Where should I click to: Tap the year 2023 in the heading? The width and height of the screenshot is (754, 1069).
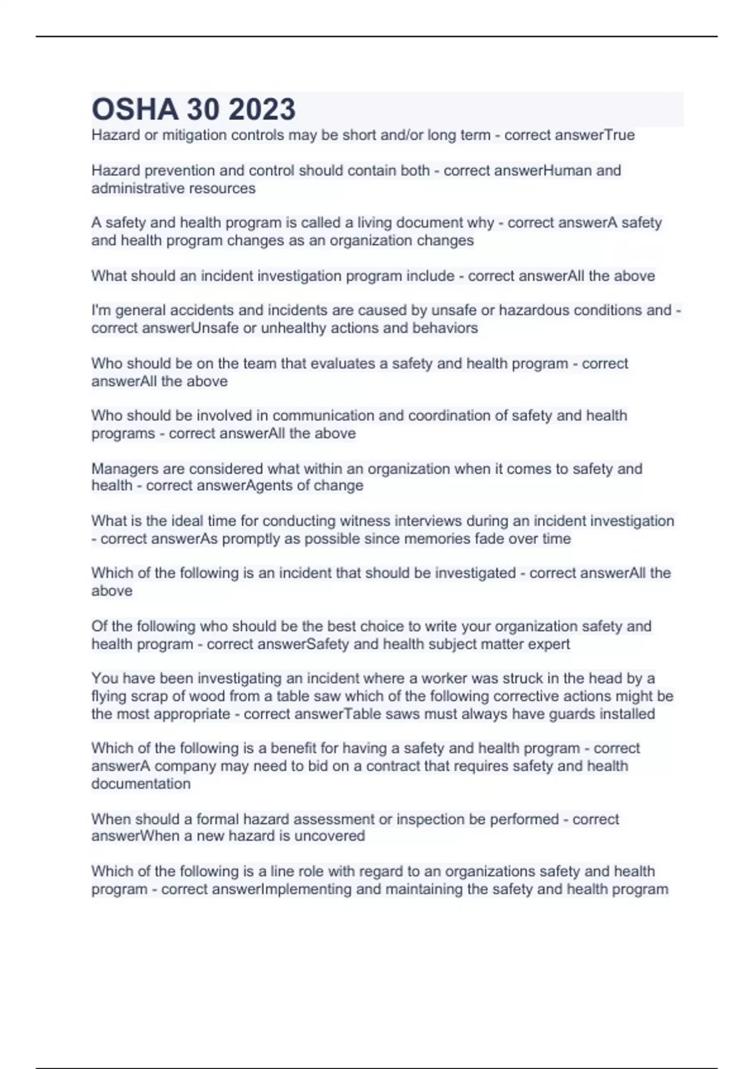pos(262,109)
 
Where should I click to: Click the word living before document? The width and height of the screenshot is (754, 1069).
pos(374,223)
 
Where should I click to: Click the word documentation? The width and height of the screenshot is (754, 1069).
pos(141,784)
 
